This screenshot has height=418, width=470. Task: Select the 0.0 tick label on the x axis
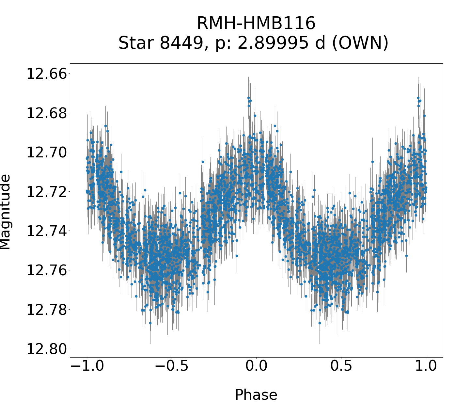tap(256, 366)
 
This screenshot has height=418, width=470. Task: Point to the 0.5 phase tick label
tap(341, 366)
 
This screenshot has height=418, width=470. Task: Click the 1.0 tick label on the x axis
tap(426, 366)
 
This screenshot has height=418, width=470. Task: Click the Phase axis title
tap(256, 395)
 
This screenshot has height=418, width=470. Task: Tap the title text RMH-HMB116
tap(256, 24)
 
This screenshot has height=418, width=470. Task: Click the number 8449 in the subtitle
tap(181, 43)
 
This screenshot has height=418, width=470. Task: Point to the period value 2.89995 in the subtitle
tap(268, 43)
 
